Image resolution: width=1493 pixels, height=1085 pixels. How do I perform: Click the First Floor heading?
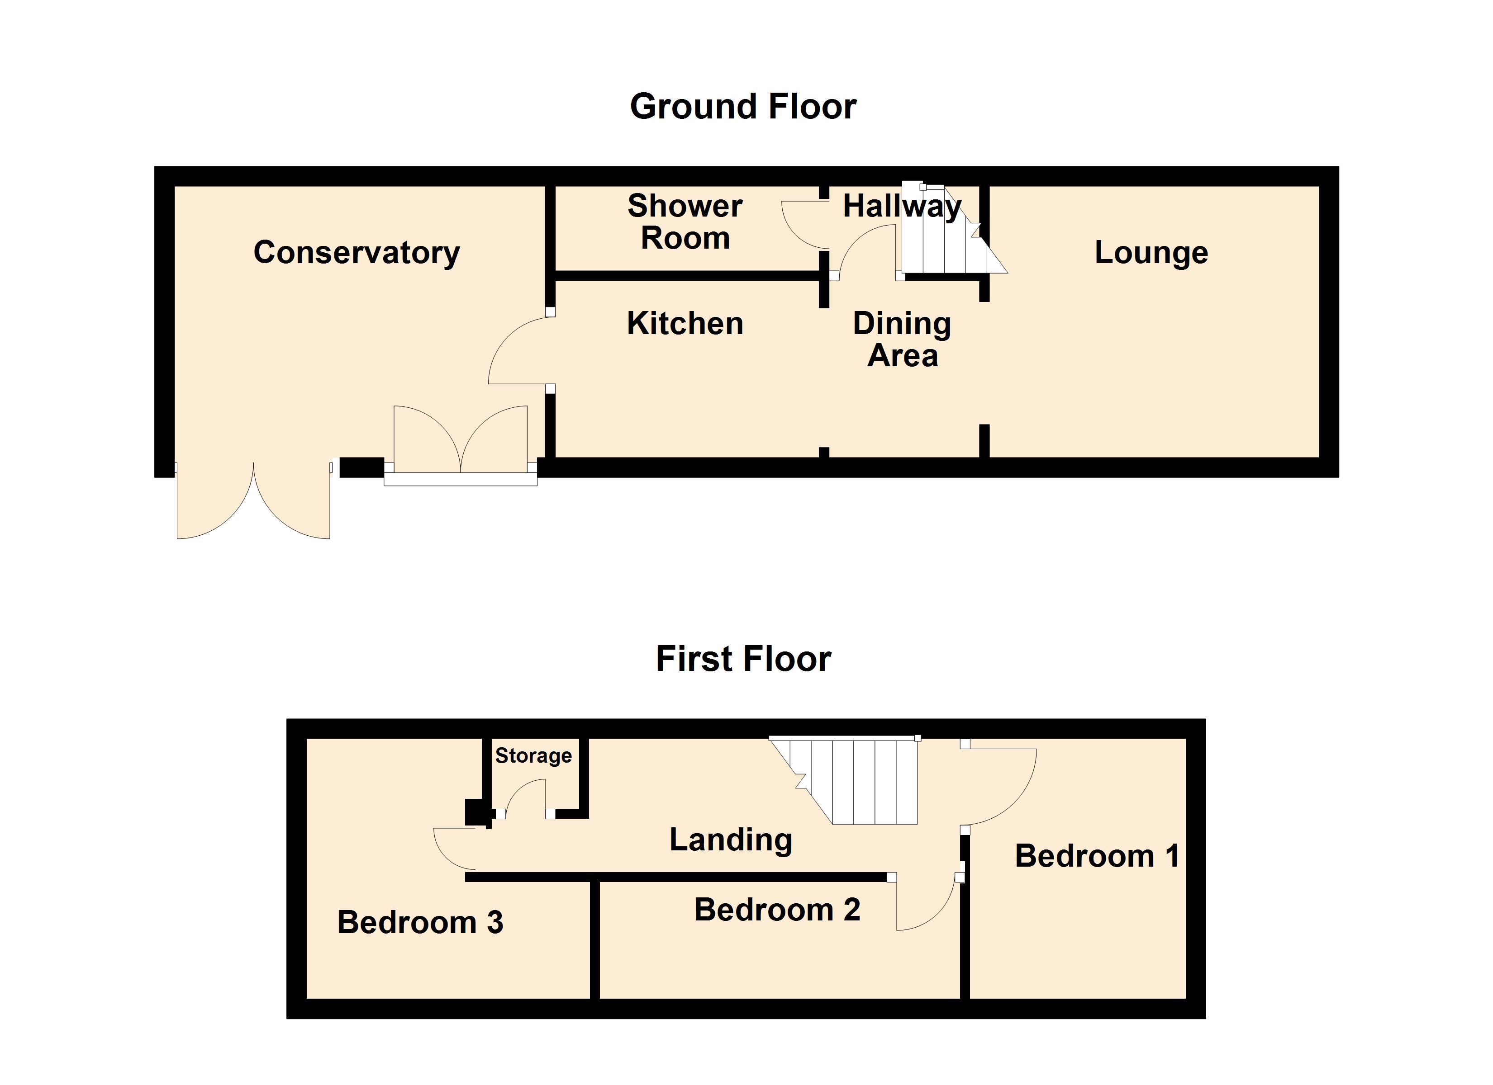743,659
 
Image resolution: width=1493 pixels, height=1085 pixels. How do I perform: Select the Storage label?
533,755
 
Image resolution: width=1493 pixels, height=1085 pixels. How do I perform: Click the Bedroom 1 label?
1096,856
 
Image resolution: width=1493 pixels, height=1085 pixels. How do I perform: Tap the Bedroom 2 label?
777,910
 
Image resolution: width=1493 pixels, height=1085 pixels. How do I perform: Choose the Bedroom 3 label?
420,923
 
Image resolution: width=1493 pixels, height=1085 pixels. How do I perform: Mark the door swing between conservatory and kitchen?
517,352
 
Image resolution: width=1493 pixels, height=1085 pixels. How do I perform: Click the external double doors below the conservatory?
253,503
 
